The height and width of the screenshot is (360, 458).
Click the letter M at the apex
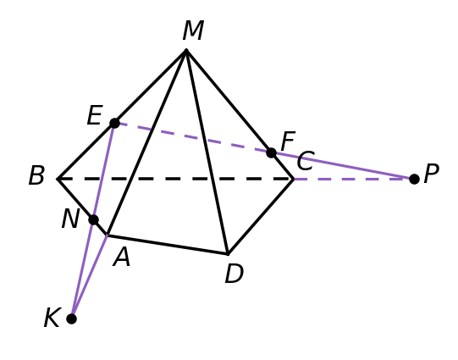(193, 30)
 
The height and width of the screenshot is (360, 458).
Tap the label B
(36, 175)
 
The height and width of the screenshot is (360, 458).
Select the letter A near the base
(122, 257)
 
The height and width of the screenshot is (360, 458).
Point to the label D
(234, 274)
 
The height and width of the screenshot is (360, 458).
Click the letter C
(306, 161)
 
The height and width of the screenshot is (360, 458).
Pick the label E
(95, 115)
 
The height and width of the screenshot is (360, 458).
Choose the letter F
(288, 141)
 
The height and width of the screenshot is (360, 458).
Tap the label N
(70, 219)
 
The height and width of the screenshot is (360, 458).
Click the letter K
(52, 318)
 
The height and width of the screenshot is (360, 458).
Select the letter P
(431, 174)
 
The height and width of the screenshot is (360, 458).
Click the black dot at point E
(115, 123)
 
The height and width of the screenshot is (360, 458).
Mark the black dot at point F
(272, 152)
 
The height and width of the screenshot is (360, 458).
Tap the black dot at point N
(93, 219)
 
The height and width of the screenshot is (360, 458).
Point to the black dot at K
(72, 318)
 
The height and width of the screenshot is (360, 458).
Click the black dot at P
(414, 179)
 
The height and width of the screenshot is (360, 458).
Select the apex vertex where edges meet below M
(186, 50)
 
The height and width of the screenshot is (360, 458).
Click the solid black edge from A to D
(168, 245)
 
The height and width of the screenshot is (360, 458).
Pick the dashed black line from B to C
(175, 179)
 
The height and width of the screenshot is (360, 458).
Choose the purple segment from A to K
(90, 277)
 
